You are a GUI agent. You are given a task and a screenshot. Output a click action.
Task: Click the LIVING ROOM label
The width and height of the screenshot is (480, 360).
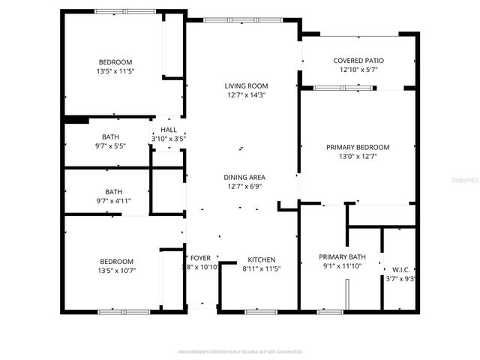pos(246,85)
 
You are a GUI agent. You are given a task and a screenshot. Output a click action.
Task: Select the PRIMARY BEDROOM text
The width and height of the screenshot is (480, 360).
pos(358,147)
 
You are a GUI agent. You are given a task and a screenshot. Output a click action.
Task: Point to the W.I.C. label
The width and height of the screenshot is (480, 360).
pos(401,269)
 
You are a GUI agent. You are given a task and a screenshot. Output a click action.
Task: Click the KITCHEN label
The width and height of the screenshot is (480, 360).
pos(261,259)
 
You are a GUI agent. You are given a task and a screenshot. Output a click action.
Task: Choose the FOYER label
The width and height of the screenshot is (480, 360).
pos(200,258)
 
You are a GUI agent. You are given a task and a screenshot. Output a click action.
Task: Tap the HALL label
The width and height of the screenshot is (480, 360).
pos(169,130)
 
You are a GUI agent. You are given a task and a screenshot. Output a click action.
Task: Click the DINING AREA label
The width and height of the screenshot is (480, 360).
pos(244,177)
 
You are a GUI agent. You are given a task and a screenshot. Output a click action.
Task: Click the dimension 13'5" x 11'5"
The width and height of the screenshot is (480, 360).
pos(115,71)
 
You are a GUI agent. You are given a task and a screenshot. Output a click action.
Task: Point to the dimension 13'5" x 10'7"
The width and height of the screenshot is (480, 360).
pos(117,270)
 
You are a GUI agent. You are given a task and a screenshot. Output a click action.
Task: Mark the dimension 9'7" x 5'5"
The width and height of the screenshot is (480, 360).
pos(110,145)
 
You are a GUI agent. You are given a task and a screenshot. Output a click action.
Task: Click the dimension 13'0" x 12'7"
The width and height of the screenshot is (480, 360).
pos(358,156)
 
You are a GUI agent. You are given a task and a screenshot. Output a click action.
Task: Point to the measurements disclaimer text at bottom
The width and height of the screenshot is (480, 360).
pos(238,351)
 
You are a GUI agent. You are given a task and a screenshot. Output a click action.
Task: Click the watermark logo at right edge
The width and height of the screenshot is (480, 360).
pos(469,180)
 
